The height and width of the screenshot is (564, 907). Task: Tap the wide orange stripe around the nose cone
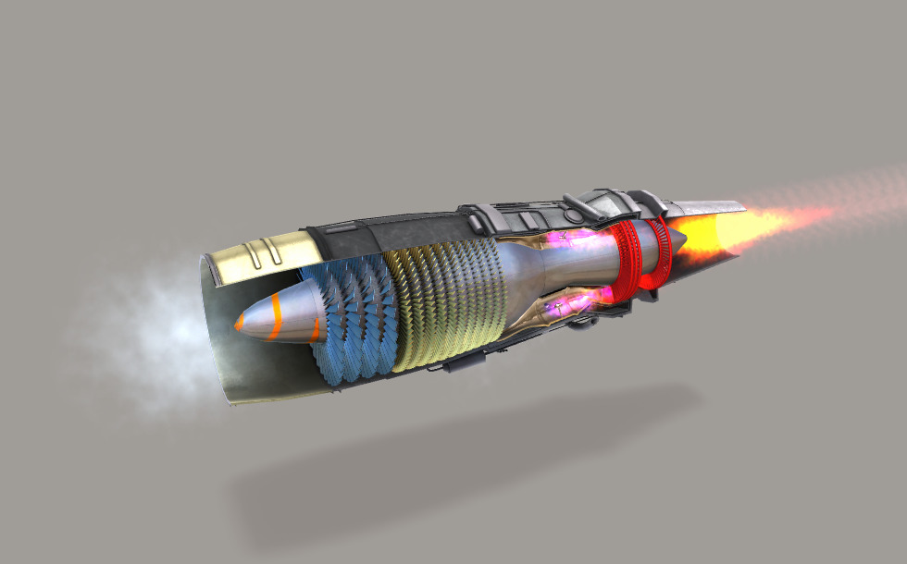pos(314,330)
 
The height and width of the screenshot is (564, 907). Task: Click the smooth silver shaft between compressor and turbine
pos(555,268)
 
